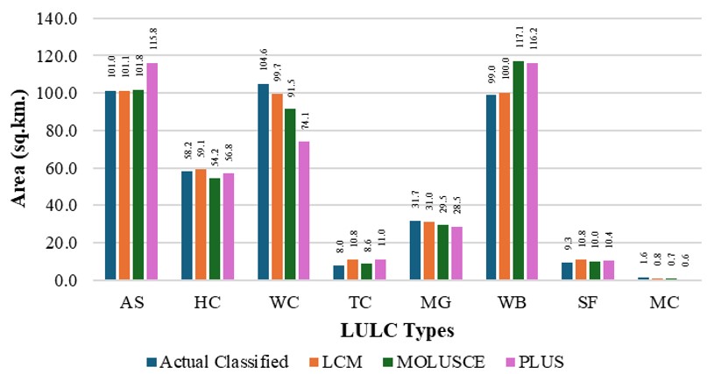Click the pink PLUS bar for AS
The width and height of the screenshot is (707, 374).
(x=152, y=172)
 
